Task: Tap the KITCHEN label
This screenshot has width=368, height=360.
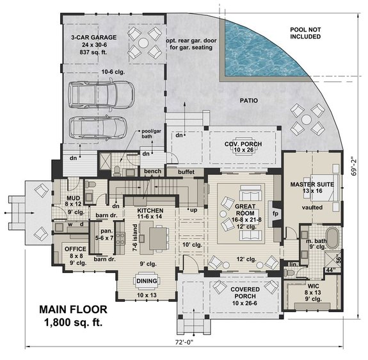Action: (x=149, y=210)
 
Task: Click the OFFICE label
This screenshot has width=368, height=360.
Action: (x=76, y=248)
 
